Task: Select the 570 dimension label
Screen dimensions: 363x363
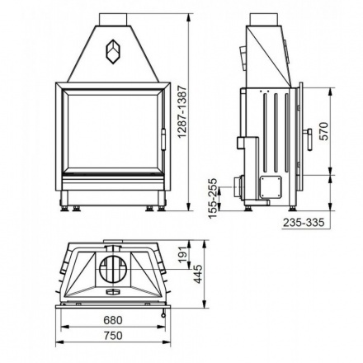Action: (x=324, y=130)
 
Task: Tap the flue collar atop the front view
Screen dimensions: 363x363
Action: (x=113, y=19)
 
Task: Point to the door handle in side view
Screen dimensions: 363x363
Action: (x=309, y=138)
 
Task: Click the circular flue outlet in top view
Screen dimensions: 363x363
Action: (x=113, y=270)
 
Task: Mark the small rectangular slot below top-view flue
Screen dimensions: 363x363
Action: (x=113, y=291)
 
